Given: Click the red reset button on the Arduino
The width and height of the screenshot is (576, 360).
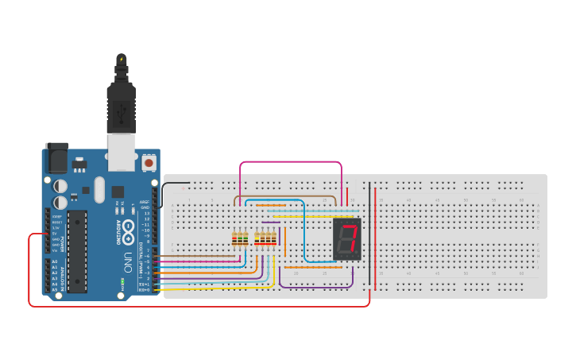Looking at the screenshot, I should [x=149, y=163].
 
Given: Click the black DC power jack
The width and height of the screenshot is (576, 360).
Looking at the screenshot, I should [x=56, y=158].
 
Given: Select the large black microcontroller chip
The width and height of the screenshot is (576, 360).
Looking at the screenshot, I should [x=77, y=250].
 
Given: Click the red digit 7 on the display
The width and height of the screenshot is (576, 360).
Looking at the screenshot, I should [x=348, y=238].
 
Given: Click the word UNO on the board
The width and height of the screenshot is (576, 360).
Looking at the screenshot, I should [x=128, y=261].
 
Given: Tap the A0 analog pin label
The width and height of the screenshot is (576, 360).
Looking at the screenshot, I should [x=54, y=261].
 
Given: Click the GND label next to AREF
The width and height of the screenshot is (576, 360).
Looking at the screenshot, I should [x=145, y=207].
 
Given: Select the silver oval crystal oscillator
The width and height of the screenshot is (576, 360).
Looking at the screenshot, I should [x=99, y=189].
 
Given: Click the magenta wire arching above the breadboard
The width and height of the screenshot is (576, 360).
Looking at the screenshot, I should [x=291, y=162].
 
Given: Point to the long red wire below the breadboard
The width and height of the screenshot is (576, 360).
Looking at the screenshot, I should [x=199, y=306].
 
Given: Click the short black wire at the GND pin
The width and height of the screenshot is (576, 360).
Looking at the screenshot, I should [x=171, y=184].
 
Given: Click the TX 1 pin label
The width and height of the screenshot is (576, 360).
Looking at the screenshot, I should [x=144, y=284].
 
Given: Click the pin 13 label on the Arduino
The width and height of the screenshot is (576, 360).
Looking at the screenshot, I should [x=146, y=213].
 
